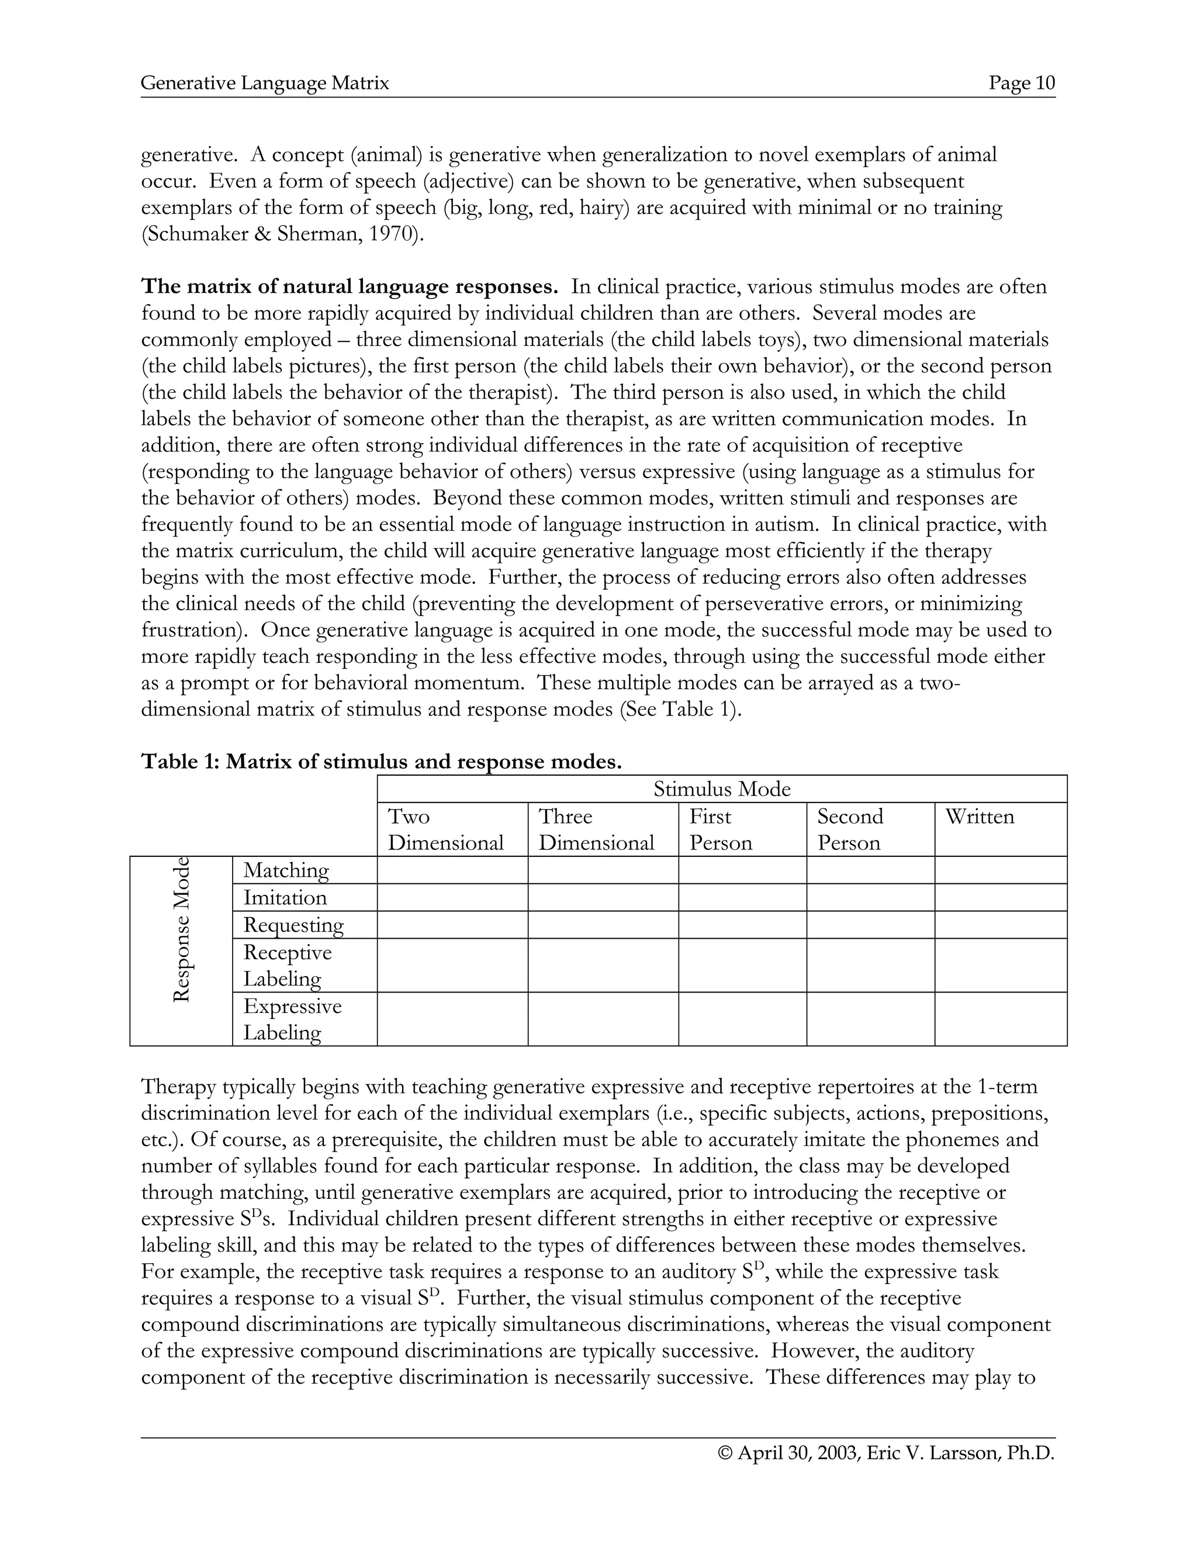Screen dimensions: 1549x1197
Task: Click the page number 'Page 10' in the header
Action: tap(1022, 84)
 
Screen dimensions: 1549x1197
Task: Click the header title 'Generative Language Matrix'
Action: tap(265, 84)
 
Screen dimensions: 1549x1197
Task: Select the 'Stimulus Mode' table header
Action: tap(721, 789)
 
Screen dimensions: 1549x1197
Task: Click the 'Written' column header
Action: tap(980, 817)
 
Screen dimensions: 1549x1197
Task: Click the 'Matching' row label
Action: tap(286, 870)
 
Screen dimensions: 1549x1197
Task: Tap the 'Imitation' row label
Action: tap(285, 897)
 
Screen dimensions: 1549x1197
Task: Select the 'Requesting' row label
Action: tap(293, 925)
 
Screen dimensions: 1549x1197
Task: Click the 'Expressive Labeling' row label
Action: tap(292, 1019)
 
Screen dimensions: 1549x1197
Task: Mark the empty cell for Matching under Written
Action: tap(1000, 870)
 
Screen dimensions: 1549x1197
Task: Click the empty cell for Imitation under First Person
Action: tap(742, 897)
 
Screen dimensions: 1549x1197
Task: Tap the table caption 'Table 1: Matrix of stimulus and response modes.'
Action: tap(382, 762)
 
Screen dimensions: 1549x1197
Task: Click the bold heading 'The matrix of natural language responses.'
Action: tap(350, 287)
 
